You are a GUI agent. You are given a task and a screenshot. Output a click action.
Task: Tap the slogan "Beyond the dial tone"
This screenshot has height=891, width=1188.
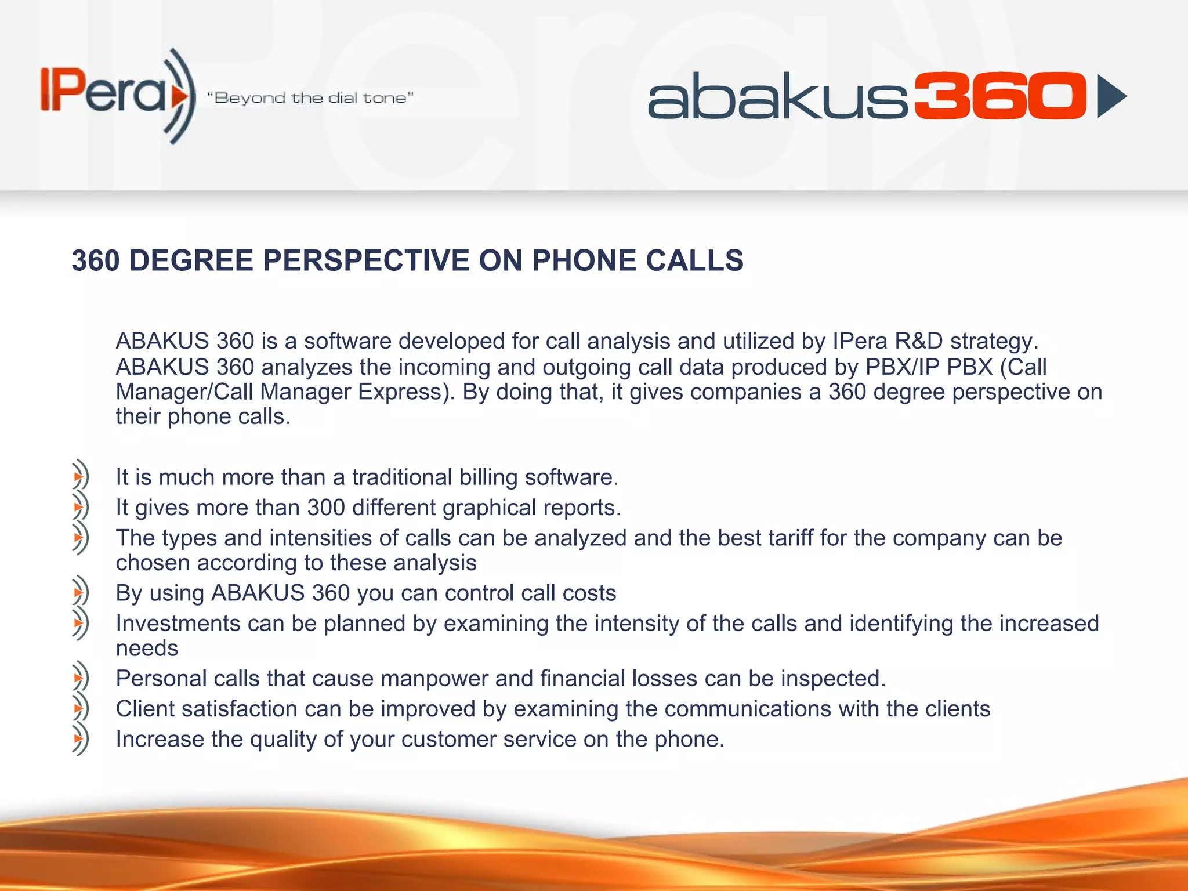click(x=310, y=97)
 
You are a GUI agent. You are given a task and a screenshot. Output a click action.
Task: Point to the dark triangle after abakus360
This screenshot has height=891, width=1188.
click(x=1110, y=96)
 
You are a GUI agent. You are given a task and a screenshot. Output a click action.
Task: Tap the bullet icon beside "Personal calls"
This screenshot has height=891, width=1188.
click(x=80, y=678)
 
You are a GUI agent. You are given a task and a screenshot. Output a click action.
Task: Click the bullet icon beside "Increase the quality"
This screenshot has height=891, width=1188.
click(x=80, y=739)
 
